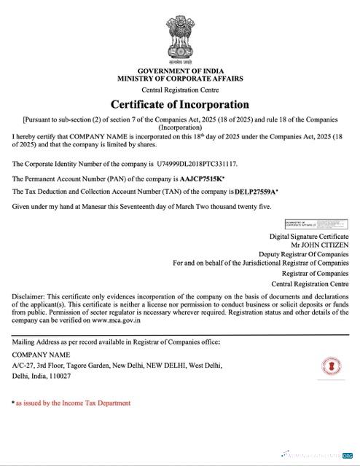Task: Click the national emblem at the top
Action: pyautogui.click(x=180, y=33)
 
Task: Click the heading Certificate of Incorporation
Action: pyautogui.click(x=180, y=104)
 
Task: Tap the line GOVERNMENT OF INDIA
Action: pyautogui.click(x=180, y=70)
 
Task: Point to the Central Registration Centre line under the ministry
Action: pyautogui.click(x=180, y=88)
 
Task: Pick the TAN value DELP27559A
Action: pyautogui.click(x=259, y=191)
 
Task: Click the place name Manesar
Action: pyautogui.click(x=91, y=208)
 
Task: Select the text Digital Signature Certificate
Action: pyautogui.click(x=309, y=237)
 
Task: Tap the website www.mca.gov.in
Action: pyautogui.click(x=126, y=320)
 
